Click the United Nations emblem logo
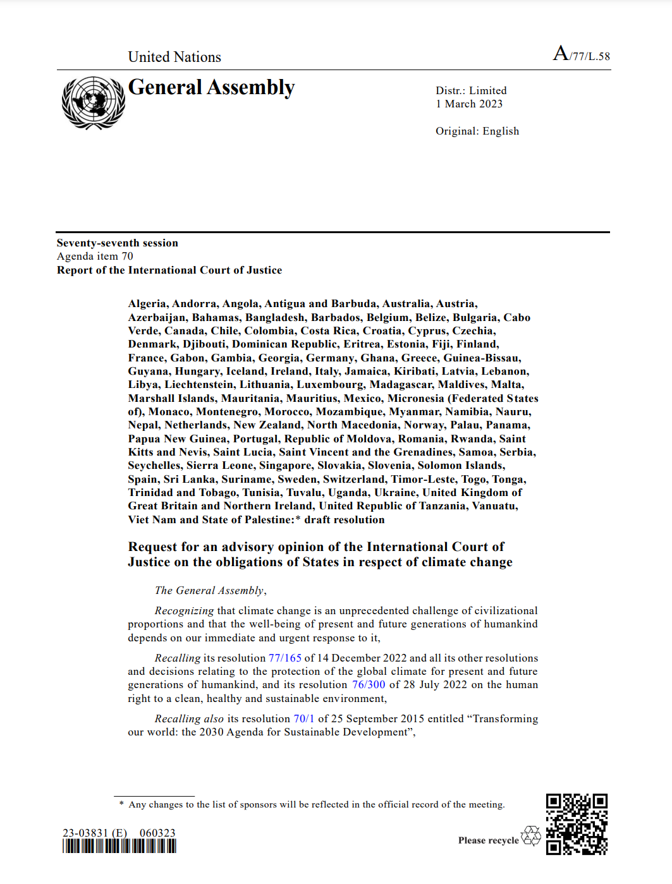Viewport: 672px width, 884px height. tap(93, 103)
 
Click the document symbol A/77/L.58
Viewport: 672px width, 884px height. tap(582, 54)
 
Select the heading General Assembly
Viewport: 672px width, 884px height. tap(211, 88)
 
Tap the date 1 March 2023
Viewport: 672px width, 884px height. tap(469, 104)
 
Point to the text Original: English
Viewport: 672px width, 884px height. tap(477, 131)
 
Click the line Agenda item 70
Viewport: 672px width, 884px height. tap(95, 257)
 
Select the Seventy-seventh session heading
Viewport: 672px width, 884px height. tap(118, 243)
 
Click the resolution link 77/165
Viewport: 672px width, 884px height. tap(284, 658)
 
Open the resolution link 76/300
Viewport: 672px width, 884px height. tap(369, 685)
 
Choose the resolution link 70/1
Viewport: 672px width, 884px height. tap(303, 719)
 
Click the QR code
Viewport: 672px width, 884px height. tap(577, 824)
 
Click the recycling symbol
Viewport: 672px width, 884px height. tap(531, 836)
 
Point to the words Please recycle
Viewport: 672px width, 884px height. tap(488, 840)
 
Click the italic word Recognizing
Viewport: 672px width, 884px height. tap(184, 611)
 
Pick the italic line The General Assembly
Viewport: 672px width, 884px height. tap(210, 591)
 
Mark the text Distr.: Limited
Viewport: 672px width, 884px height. tap(471, 91)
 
